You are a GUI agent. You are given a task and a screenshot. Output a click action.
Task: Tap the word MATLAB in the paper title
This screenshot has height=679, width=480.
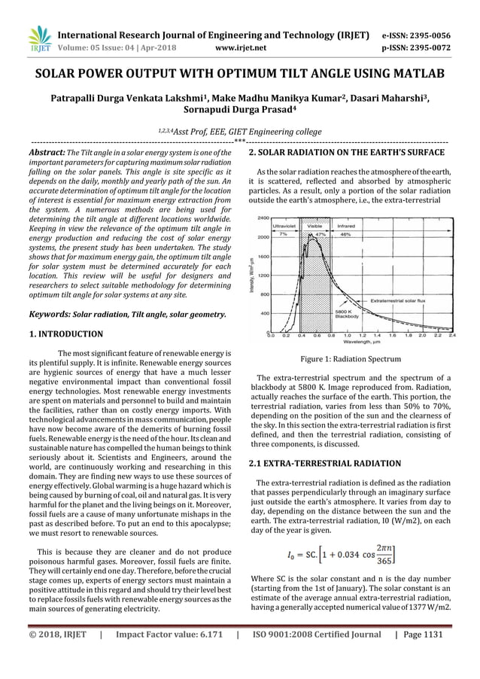[x=413, y=75]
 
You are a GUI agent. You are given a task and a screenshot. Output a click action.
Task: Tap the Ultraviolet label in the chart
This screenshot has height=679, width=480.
[x=284, y=225]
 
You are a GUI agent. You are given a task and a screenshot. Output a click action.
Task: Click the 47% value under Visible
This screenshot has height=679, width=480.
[x=320, y=234]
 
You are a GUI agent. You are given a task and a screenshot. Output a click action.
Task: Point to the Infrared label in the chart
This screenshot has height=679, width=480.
[x=346, y=225]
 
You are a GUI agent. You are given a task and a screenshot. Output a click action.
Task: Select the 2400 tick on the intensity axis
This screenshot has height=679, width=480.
[x=263, y=218]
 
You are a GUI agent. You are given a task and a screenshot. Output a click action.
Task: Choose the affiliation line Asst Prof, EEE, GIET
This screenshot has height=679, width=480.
[x=238, y=130]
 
